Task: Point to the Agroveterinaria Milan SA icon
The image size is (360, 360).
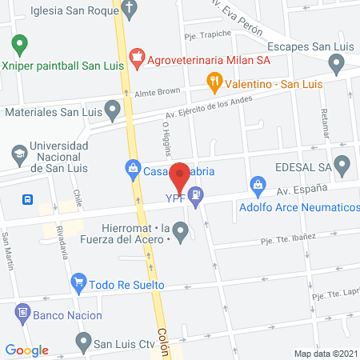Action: (137, 57)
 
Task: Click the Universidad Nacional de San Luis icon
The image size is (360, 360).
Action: (18, 152)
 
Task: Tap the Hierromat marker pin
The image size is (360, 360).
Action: (181, 233)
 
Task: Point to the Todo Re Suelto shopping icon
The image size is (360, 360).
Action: (78, 282)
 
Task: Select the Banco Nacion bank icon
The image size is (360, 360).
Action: (22, 314)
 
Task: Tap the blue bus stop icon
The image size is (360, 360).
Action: (28, 198)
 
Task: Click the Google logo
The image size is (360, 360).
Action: (26, 350)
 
